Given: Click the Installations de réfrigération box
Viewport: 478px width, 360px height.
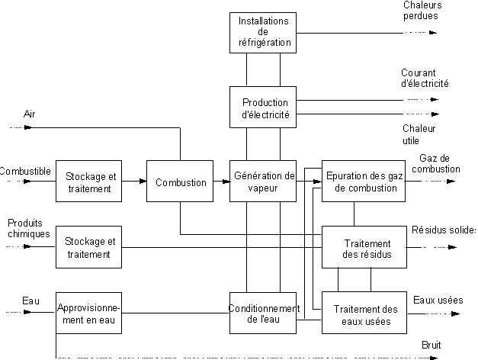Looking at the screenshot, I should [x=263, y=32].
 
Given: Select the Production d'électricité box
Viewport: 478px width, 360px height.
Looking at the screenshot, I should [x=263, y=108].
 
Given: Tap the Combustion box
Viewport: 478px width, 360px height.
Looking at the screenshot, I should [x=181, y=182].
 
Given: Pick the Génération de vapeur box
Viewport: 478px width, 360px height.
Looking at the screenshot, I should [x=263, y=182].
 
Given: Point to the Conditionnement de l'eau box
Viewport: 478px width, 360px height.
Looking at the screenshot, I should [x=263, y=313].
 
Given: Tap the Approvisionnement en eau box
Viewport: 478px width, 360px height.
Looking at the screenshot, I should [x=88, y=313].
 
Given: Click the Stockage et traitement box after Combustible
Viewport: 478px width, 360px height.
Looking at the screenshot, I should [x=88, y=182].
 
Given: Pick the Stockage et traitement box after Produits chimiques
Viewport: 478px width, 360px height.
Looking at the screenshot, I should [x=88, y=248].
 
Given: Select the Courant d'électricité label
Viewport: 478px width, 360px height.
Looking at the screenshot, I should [x=425, y=78].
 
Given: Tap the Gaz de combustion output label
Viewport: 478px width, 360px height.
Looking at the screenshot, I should [x=439, y=163].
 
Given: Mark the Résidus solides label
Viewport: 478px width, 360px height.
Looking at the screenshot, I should [x=444, y=230].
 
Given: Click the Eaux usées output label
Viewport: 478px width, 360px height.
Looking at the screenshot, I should [x=438, y=300].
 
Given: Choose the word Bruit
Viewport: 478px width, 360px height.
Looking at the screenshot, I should [x=431, y=346].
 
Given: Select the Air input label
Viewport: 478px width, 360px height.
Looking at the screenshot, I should [x=29, y=114].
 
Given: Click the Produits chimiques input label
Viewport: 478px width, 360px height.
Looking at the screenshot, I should [x=28, y=228].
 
